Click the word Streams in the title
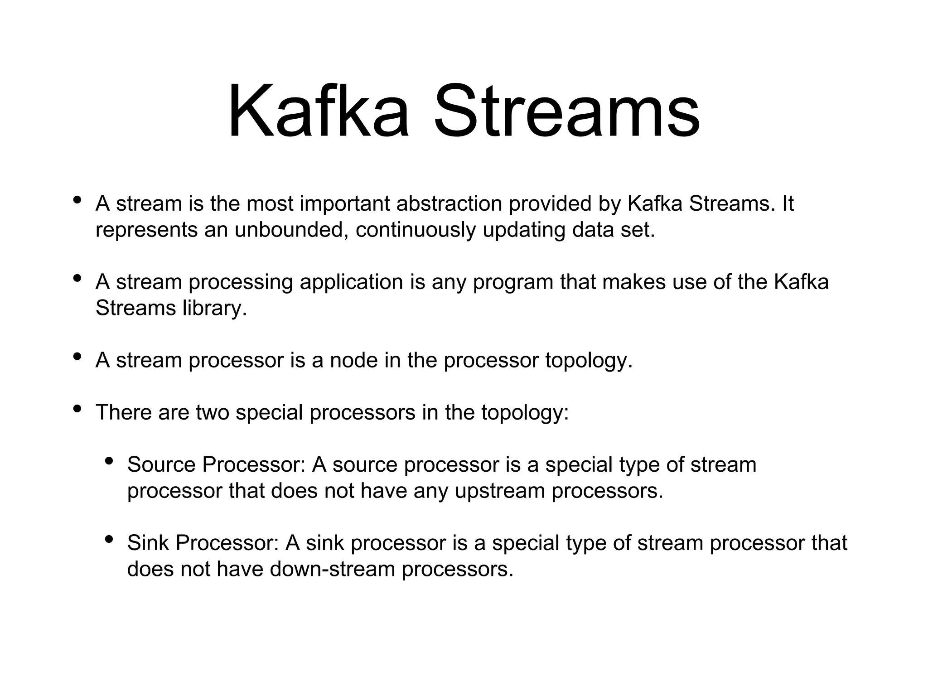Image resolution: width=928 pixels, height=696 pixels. [x=567, y=111]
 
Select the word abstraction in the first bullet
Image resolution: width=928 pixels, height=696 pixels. [x=449, y=204]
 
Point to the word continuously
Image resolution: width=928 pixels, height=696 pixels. [x=415, y=230]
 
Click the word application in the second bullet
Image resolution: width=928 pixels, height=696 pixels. [x=351, y=282]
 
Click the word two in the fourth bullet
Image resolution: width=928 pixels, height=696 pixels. [x=213, y=413]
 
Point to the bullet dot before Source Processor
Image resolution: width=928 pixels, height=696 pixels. [x=109, y=461]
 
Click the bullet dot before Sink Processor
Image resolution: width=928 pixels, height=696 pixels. [x=109, y=540]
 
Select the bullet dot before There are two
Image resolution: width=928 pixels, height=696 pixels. [x=77, y=409]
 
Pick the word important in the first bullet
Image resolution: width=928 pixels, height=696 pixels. [x=346, y=204]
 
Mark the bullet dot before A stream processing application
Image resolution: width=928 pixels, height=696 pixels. [x=77, y=279]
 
